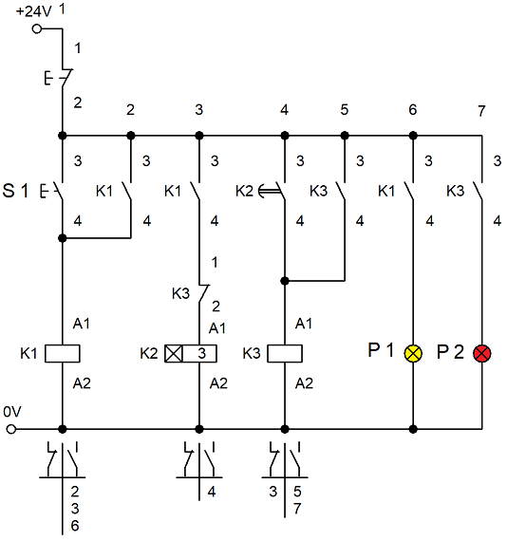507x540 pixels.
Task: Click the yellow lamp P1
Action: point(413,353)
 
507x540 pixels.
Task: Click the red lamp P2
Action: point(482,353)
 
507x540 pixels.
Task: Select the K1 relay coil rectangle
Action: point(63,353)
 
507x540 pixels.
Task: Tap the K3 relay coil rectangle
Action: point(285,353)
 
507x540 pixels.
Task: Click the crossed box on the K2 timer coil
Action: point(173,353)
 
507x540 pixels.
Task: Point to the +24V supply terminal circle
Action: point(36,28)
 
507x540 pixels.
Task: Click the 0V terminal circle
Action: point(11,429)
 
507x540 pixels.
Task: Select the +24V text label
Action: point(34,11)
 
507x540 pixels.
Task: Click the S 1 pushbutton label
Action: point(15,191)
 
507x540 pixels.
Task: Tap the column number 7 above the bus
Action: point(481,111)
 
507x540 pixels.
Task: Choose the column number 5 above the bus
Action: point(345,109)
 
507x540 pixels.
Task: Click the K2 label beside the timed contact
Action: point(244,191)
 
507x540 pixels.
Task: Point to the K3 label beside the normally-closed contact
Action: point(180,294)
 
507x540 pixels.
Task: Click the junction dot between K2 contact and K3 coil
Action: point(285,281)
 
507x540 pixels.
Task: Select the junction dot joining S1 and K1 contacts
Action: point(63,238)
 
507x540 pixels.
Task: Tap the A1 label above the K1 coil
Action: point(82,324)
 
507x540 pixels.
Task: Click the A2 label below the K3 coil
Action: point(304,383)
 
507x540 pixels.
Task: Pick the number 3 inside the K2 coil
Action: point(202,353)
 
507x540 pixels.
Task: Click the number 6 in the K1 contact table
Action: point(75,526)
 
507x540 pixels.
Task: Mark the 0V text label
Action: point(12,412)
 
